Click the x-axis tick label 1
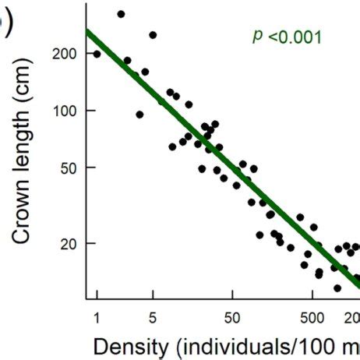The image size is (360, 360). [x=97, y=317]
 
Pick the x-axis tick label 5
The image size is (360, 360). [x=153, y=317]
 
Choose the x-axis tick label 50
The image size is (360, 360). [x=231, y=317]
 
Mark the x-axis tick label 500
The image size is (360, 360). [x=312, y=317]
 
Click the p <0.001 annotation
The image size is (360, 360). [x=287, y=36]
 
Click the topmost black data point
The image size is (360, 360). [x=121, y=14]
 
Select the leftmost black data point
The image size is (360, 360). [x=97, y=54]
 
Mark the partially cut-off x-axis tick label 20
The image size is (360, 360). [x=352, y=317]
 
